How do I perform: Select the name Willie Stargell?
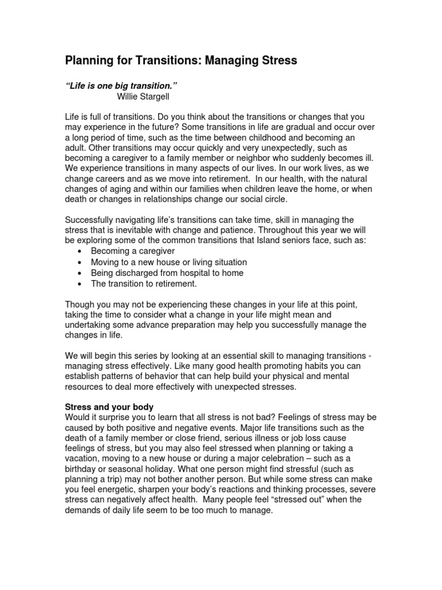click(145, 96)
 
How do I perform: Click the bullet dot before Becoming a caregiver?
click(79, 252)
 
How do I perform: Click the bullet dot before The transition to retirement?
click(79, 283)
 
